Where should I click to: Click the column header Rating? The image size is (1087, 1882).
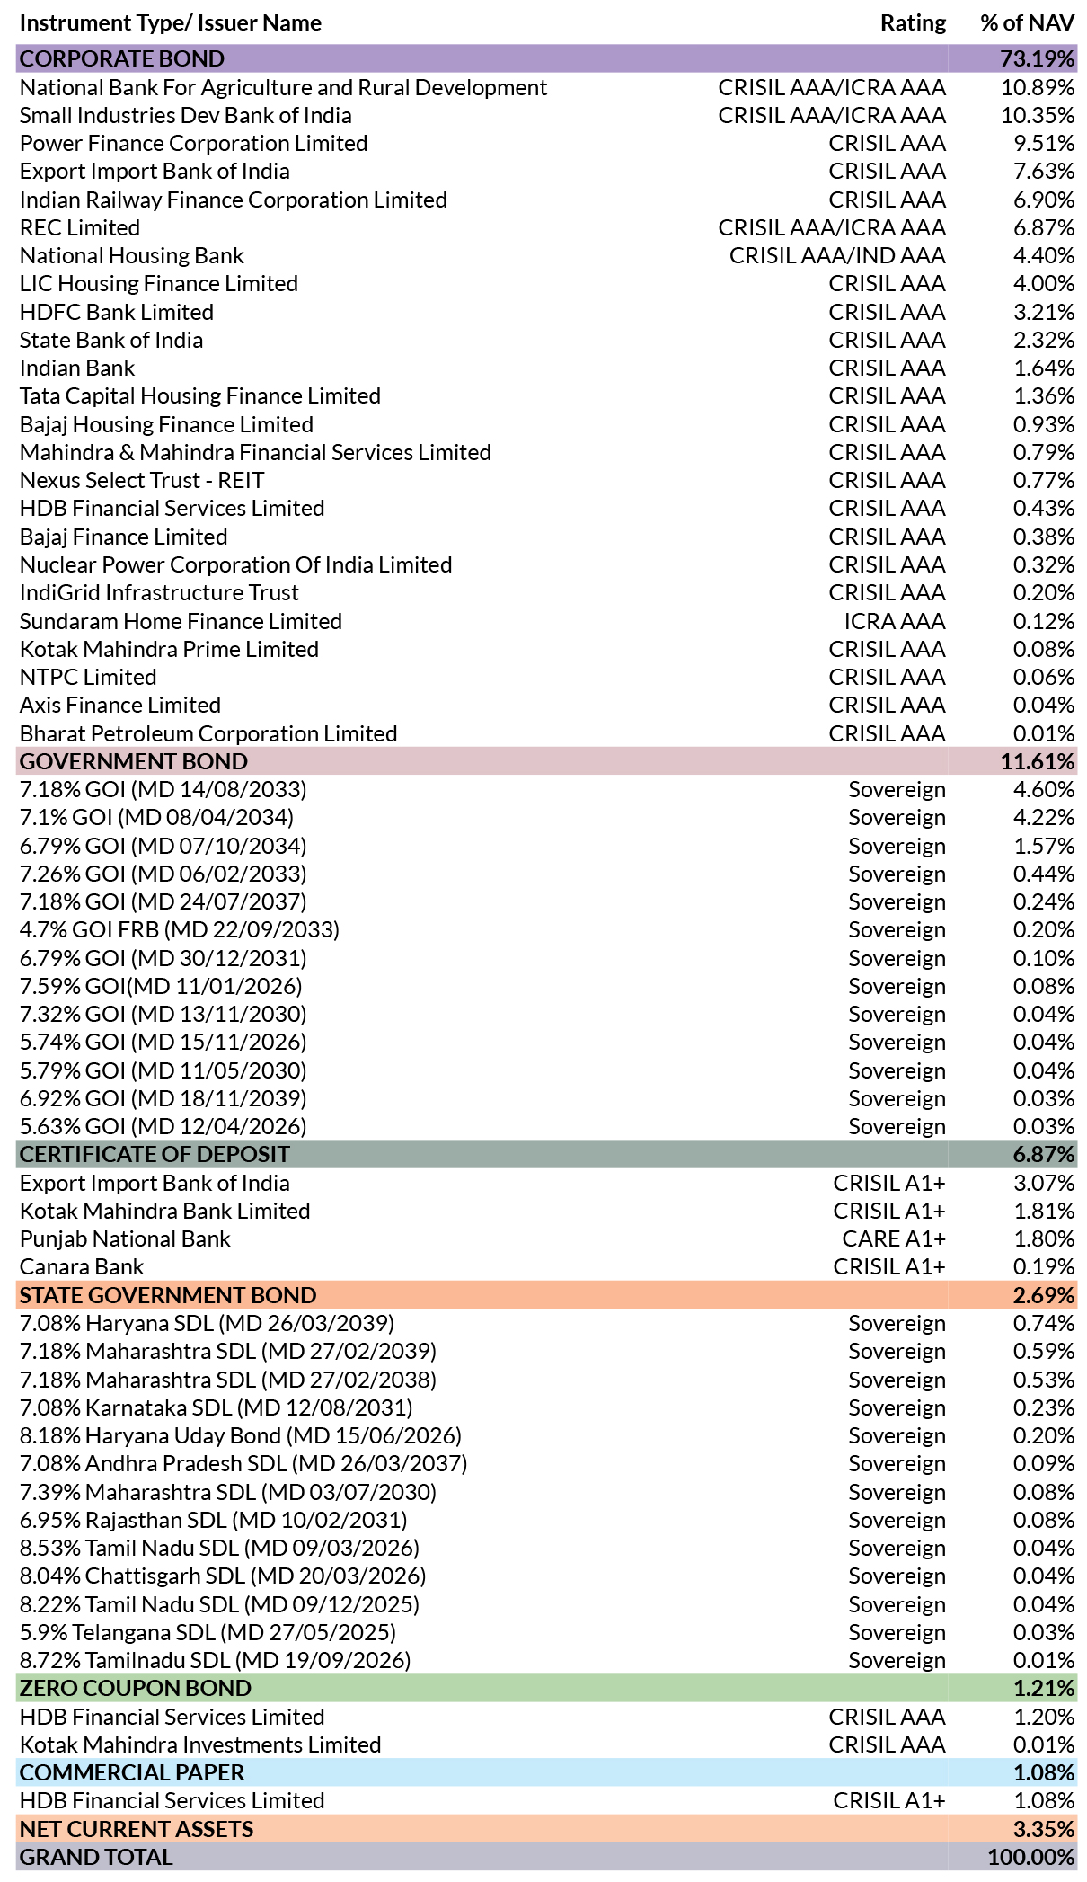coord(913,23)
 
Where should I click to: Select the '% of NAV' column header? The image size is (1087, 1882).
coord(1027,23)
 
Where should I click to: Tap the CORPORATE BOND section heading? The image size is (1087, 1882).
coord(122,58)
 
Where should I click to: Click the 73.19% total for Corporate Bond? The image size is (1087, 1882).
coord(1037,58)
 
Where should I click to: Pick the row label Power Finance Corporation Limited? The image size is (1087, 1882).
coord(194,144)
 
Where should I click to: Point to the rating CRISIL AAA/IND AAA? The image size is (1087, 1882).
coord(837,256)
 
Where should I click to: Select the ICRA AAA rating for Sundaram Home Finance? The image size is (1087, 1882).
coord(895,621)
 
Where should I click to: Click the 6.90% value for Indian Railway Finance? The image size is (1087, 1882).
coord(1044,200)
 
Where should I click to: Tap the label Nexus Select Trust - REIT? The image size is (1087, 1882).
coord(142,481)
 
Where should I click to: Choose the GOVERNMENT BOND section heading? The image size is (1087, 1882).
coord(134,761)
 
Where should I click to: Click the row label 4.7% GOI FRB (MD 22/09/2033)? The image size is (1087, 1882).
coord(180,930)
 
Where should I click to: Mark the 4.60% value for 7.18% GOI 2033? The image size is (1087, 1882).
coord(1044,790)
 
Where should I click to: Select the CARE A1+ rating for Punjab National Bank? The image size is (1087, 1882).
coord(894,1239)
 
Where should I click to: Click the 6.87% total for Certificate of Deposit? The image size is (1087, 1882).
coord(1044,1155)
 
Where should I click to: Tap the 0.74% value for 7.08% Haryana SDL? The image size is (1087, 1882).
coord(1044,1324)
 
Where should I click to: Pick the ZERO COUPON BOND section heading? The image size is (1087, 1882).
coord(136,1689)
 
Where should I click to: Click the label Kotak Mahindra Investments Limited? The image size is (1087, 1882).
coord(200,1745)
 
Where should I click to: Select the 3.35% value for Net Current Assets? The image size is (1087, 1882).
coord(1044,1830)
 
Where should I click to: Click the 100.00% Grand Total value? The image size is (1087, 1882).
coord(1031,1858)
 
